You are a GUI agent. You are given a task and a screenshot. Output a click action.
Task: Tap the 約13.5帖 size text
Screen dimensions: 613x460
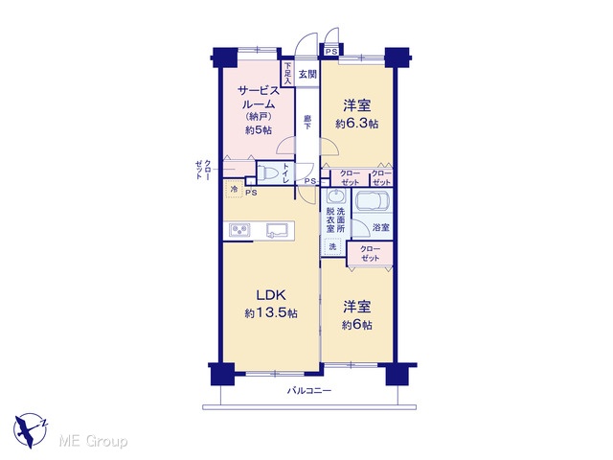[271, 313]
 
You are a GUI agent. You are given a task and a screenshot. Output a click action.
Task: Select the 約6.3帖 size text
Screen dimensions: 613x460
[356, 124]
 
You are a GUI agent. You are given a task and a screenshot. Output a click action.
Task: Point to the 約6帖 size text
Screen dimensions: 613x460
[356, 325]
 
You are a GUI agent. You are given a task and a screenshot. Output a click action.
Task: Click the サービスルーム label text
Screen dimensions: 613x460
[259, 98]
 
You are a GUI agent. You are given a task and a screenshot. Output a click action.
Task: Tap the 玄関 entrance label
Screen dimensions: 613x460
[307, 74]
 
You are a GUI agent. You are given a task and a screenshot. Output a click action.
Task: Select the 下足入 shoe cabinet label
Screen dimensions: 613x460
[287, 74]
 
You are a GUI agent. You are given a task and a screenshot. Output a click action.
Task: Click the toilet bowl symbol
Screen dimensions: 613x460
[267, 172]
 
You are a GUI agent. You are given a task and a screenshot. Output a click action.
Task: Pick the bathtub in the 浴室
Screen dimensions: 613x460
[373, 200]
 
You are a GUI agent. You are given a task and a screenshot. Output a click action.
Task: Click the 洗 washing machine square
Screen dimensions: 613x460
[332, 247]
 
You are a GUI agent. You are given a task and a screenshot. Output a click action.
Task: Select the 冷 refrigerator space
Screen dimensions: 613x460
[234, 190]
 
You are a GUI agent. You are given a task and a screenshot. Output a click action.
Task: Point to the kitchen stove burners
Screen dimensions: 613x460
[240, 230]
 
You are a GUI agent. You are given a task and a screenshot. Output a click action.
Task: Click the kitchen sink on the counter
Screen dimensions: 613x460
[277, 230]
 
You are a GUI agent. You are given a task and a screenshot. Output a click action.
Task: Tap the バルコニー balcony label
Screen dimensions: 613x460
[309, 390]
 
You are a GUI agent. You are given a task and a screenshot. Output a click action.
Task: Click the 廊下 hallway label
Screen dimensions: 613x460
[307, 121]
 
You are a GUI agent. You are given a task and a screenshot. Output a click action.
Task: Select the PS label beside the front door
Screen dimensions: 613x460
[331, 51]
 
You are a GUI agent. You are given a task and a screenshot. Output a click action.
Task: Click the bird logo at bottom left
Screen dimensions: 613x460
[30, 430]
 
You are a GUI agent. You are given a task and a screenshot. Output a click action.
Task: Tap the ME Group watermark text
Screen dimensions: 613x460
[93, 442]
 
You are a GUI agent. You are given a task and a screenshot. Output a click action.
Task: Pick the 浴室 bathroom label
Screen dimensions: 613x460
[381, 227]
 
